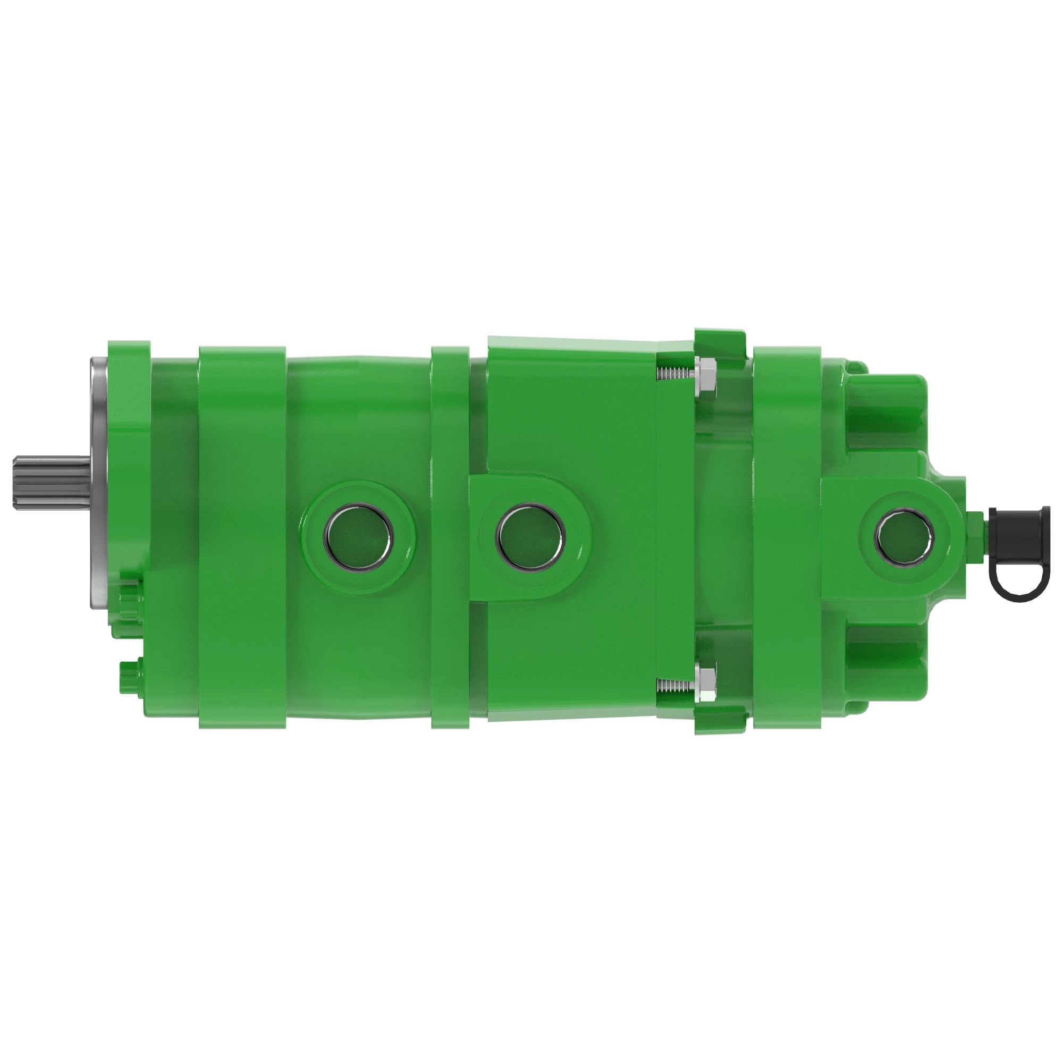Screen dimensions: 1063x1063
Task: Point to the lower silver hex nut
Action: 706,684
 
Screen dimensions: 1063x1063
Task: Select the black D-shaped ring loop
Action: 1015,584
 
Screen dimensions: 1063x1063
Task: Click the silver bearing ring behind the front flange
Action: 99,479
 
